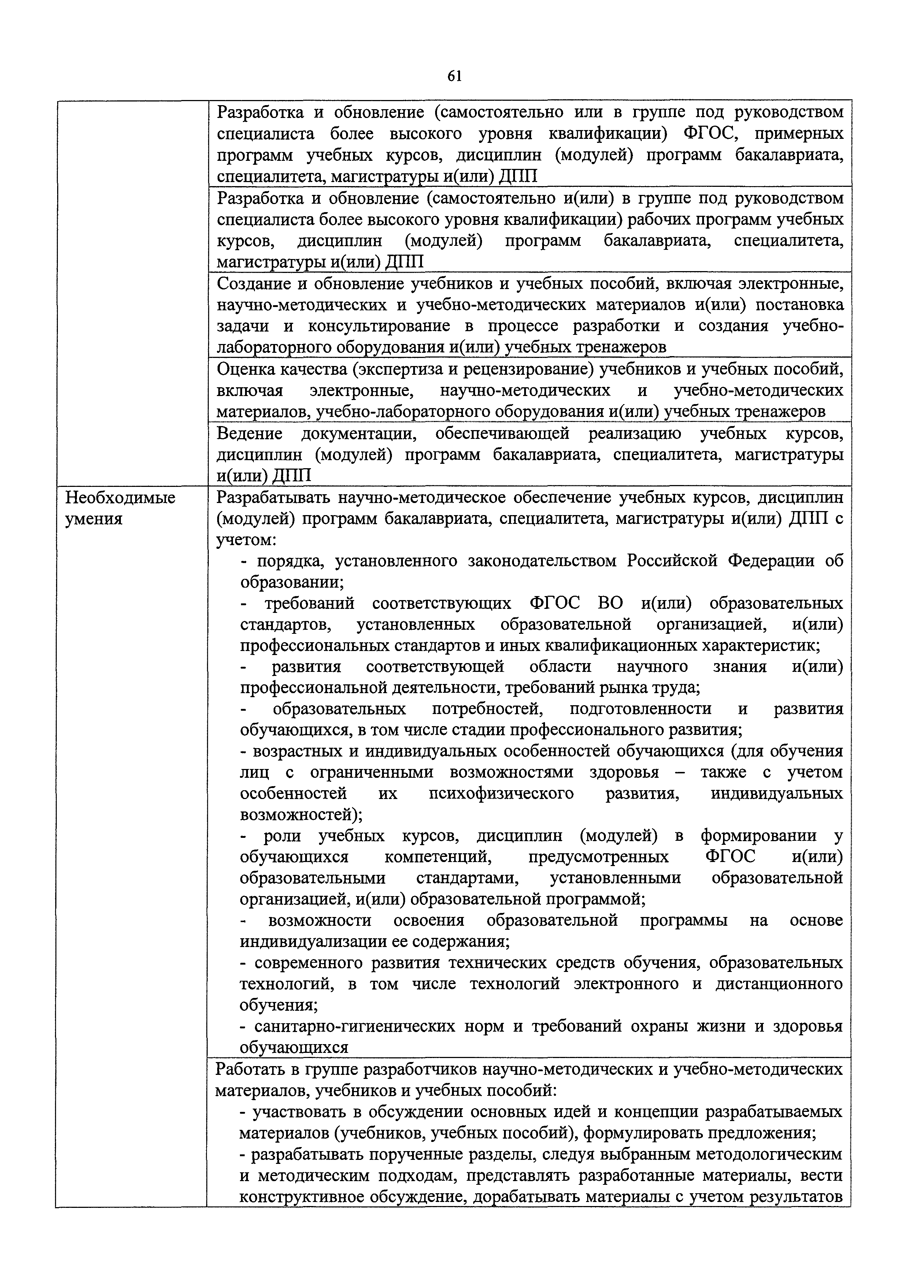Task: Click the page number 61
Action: (x=455, y=76)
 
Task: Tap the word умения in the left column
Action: (x=94, y=519)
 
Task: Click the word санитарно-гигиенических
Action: (x=354, y=1027)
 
